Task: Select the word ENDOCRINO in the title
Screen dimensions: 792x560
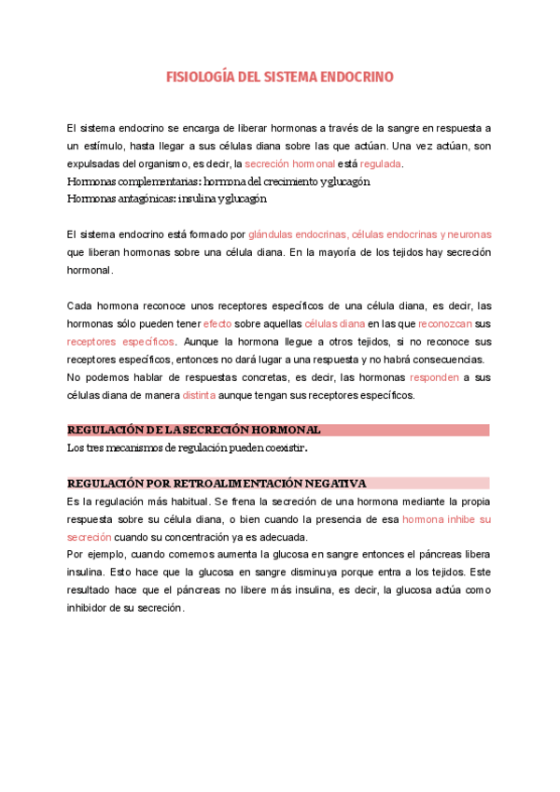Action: click(x=356, y=78)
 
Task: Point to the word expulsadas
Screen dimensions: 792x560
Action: click(x=93, y=163)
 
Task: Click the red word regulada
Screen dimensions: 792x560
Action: click(x=381, y=163)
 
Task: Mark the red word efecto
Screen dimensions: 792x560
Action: click(x=217, y=323)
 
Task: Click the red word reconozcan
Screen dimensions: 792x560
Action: click(x=445, y=323)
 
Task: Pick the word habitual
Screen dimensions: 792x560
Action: click(x=180, y=502)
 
